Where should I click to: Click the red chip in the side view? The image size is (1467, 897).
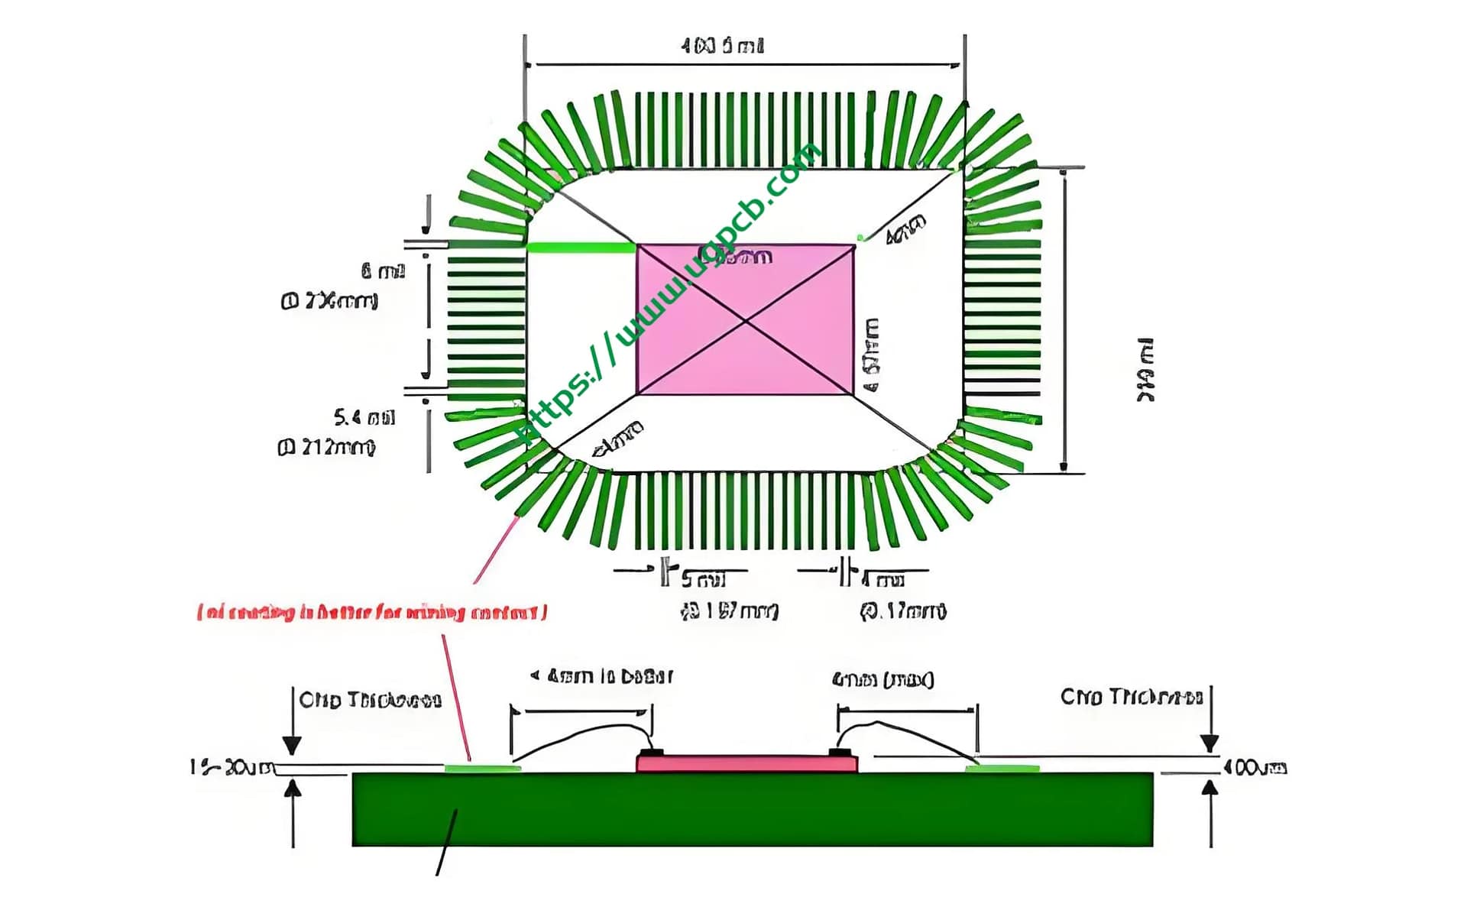tap(746, 763)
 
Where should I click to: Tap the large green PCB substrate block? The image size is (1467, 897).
tap(753, 810)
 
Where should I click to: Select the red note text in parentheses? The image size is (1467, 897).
tap(372, 613)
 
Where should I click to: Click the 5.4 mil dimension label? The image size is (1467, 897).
tap(364, 418)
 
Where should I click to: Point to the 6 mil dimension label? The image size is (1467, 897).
tap(383, 270)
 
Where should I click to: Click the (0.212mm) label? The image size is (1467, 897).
tap(327, 447)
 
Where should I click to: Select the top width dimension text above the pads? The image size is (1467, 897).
tap(722, 46)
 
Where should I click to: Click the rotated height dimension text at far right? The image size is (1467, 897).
tap(1146, 370)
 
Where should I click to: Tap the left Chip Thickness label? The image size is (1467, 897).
tap(371, 700)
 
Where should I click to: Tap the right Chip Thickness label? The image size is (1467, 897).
tap(1132, 697)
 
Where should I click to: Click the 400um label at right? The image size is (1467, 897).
tap(1255, 767)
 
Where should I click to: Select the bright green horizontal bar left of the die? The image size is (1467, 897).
tap(581, 248)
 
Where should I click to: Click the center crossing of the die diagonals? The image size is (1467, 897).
tap(746, 320)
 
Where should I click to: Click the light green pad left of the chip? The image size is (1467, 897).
tap(481, 768)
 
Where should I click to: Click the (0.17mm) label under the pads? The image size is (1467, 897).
tap(903, 611)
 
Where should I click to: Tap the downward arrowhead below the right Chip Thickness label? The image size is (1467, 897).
tap(1210, 743)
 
